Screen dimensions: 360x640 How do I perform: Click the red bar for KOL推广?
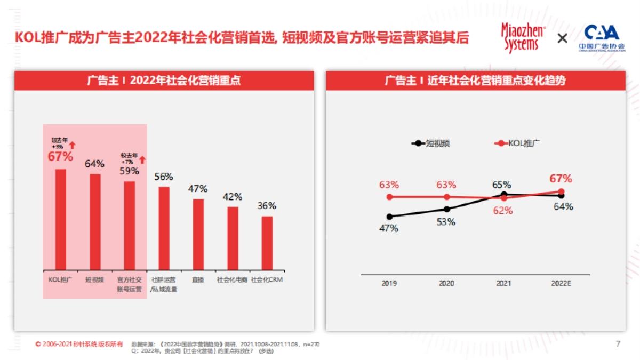(61, 219)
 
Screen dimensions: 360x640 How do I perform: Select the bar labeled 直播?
(198, 234)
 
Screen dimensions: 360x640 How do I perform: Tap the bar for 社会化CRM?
(267, 243)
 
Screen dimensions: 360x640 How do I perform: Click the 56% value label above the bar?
(164, 177)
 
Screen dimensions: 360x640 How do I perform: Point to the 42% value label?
(233, 197)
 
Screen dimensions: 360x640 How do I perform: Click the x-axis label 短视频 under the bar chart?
(95, 279)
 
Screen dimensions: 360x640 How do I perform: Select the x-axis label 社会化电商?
(233, 279)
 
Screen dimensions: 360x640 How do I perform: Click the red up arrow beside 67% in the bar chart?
(73, 144)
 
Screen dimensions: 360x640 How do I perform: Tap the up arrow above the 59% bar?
(142, 159)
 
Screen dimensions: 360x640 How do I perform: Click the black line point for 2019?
(389, 217)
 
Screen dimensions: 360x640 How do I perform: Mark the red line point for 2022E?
(561, 191)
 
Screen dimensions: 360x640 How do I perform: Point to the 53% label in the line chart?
(446, 222)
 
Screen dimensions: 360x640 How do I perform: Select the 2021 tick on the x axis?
(504, 283)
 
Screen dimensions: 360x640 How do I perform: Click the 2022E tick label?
(561, 283)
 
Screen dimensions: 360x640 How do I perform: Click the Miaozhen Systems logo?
(523, 37)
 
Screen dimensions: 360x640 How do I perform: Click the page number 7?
(618, 344)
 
